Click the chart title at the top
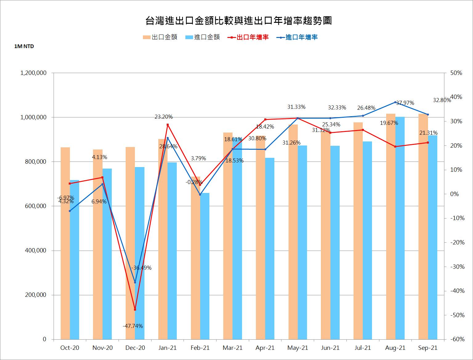(238, 21)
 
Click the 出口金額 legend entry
(160, 37)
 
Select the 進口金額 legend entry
(203, 37)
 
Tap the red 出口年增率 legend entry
(248, 37)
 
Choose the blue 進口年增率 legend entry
(297, 37)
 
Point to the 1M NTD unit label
(24, 47)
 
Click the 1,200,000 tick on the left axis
(33, 73)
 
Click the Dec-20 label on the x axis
(135, 348)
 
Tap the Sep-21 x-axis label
(428, 348)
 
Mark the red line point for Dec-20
(135, 309)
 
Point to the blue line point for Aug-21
(395, 102)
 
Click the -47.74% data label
(133, 326)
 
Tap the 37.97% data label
(405, 103)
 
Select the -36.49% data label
(141, 268)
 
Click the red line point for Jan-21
(168, 125)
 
